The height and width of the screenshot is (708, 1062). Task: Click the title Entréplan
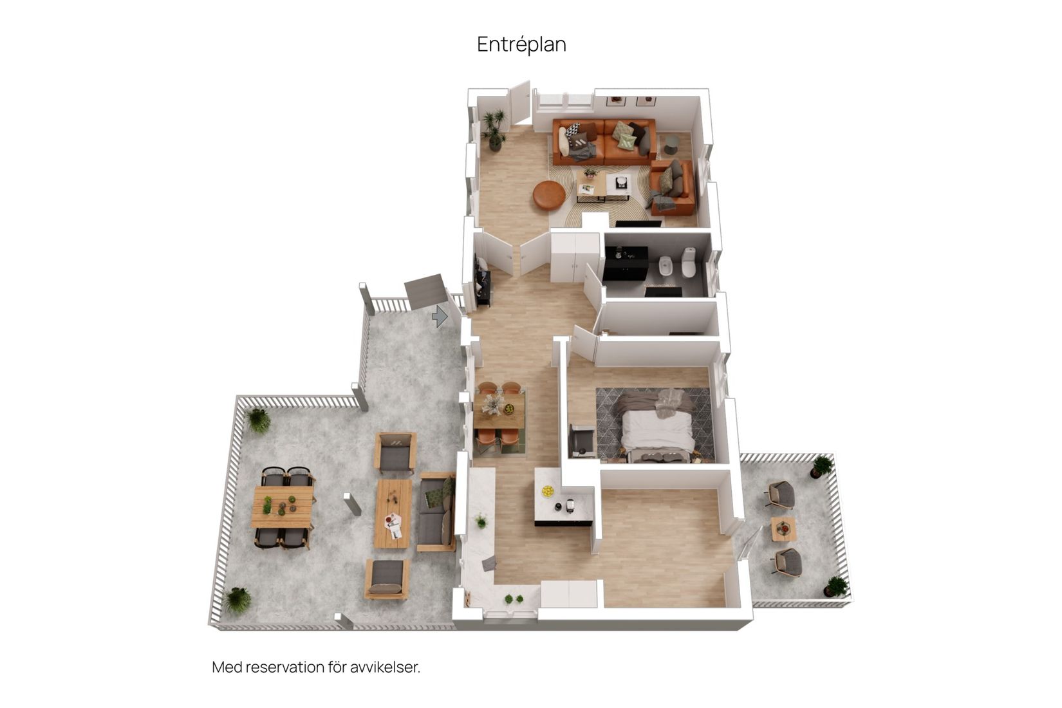coord(521,44)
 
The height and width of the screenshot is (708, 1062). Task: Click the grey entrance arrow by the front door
coord(440,316)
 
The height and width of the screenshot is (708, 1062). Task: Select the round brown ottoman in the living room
coord(549,195)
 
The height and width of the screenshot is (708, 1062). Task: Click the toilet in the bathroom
coord(688,263)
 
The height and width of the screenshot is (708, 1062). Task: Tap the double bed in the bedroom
coord(657,428)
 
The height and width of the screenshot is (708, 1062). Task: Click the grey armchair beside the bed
coord(582,442)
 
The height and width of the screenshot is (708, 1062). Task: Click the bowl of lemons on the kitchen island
coord(548,492)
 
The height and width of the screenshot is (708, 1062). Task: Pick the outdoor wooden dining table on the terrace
coord(283,507)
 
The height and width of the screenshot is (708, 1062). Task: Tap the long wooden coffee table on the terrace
coord(393,513)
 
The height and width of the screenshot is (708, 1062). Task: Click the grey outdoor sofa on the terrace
coord(436,512)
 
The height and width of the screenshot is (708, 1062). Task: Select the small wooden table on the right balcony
coord(783,529)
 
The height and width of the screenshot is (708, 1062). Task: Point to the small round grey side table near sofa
coord(671,144)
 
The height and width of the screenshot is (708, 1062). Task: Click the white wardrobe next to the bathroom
coord(575,257)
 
